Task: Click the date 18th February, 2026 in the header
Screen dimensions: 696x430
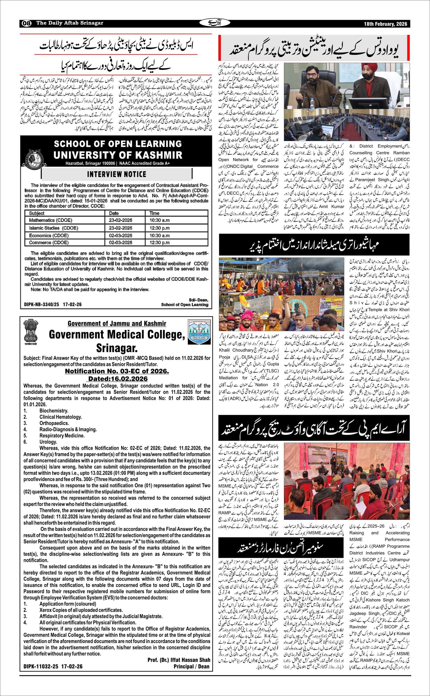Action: pos(385,24)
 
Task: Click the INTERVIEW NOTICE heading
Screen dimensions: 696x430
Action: pos(117,174)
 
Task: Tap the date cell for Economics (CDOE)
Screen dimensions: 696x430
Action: pos(121,236)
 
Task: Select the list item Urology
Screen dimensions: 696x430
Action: pos(48,442)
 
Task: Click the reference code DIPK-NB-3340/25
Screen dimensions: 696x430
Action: pos(41,304)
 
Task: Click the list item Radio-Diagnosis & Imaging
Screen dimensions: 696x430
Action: pos(68,429)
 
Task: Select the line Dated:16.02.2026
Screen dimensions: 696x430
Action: pos(118,379)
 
